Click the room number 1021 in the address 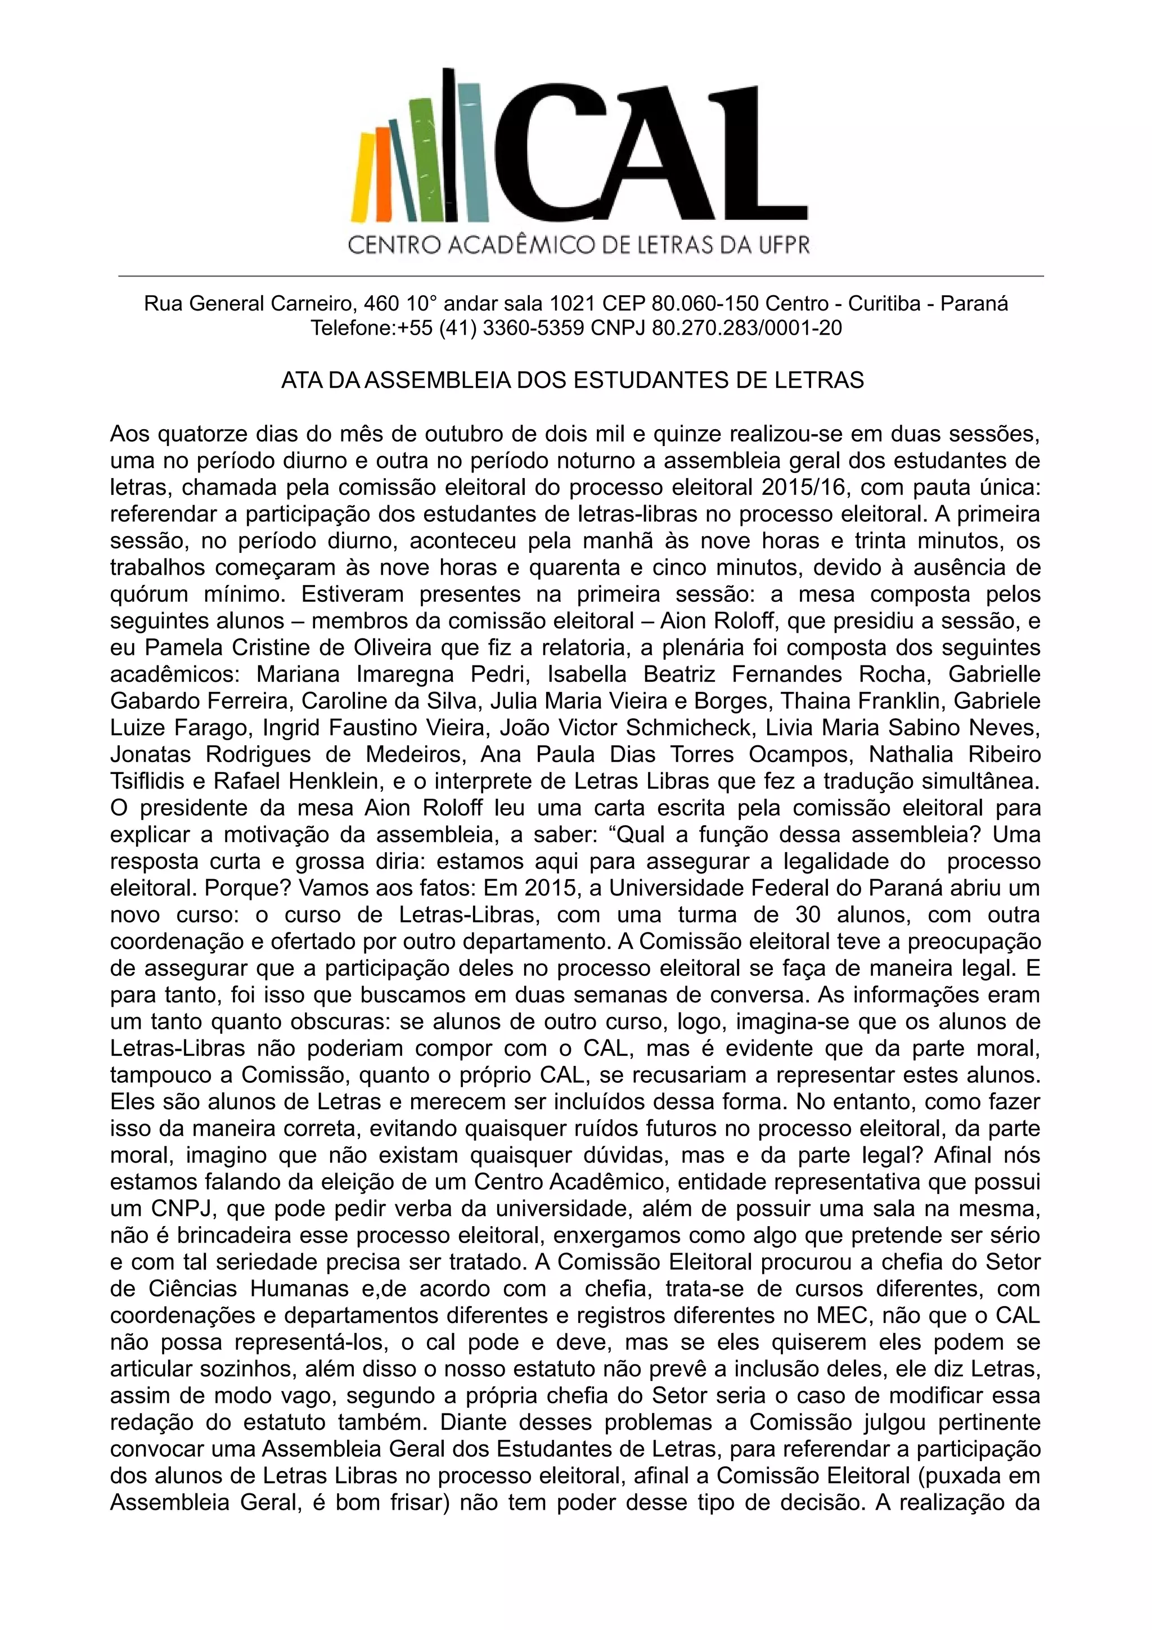click(572, 304)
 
